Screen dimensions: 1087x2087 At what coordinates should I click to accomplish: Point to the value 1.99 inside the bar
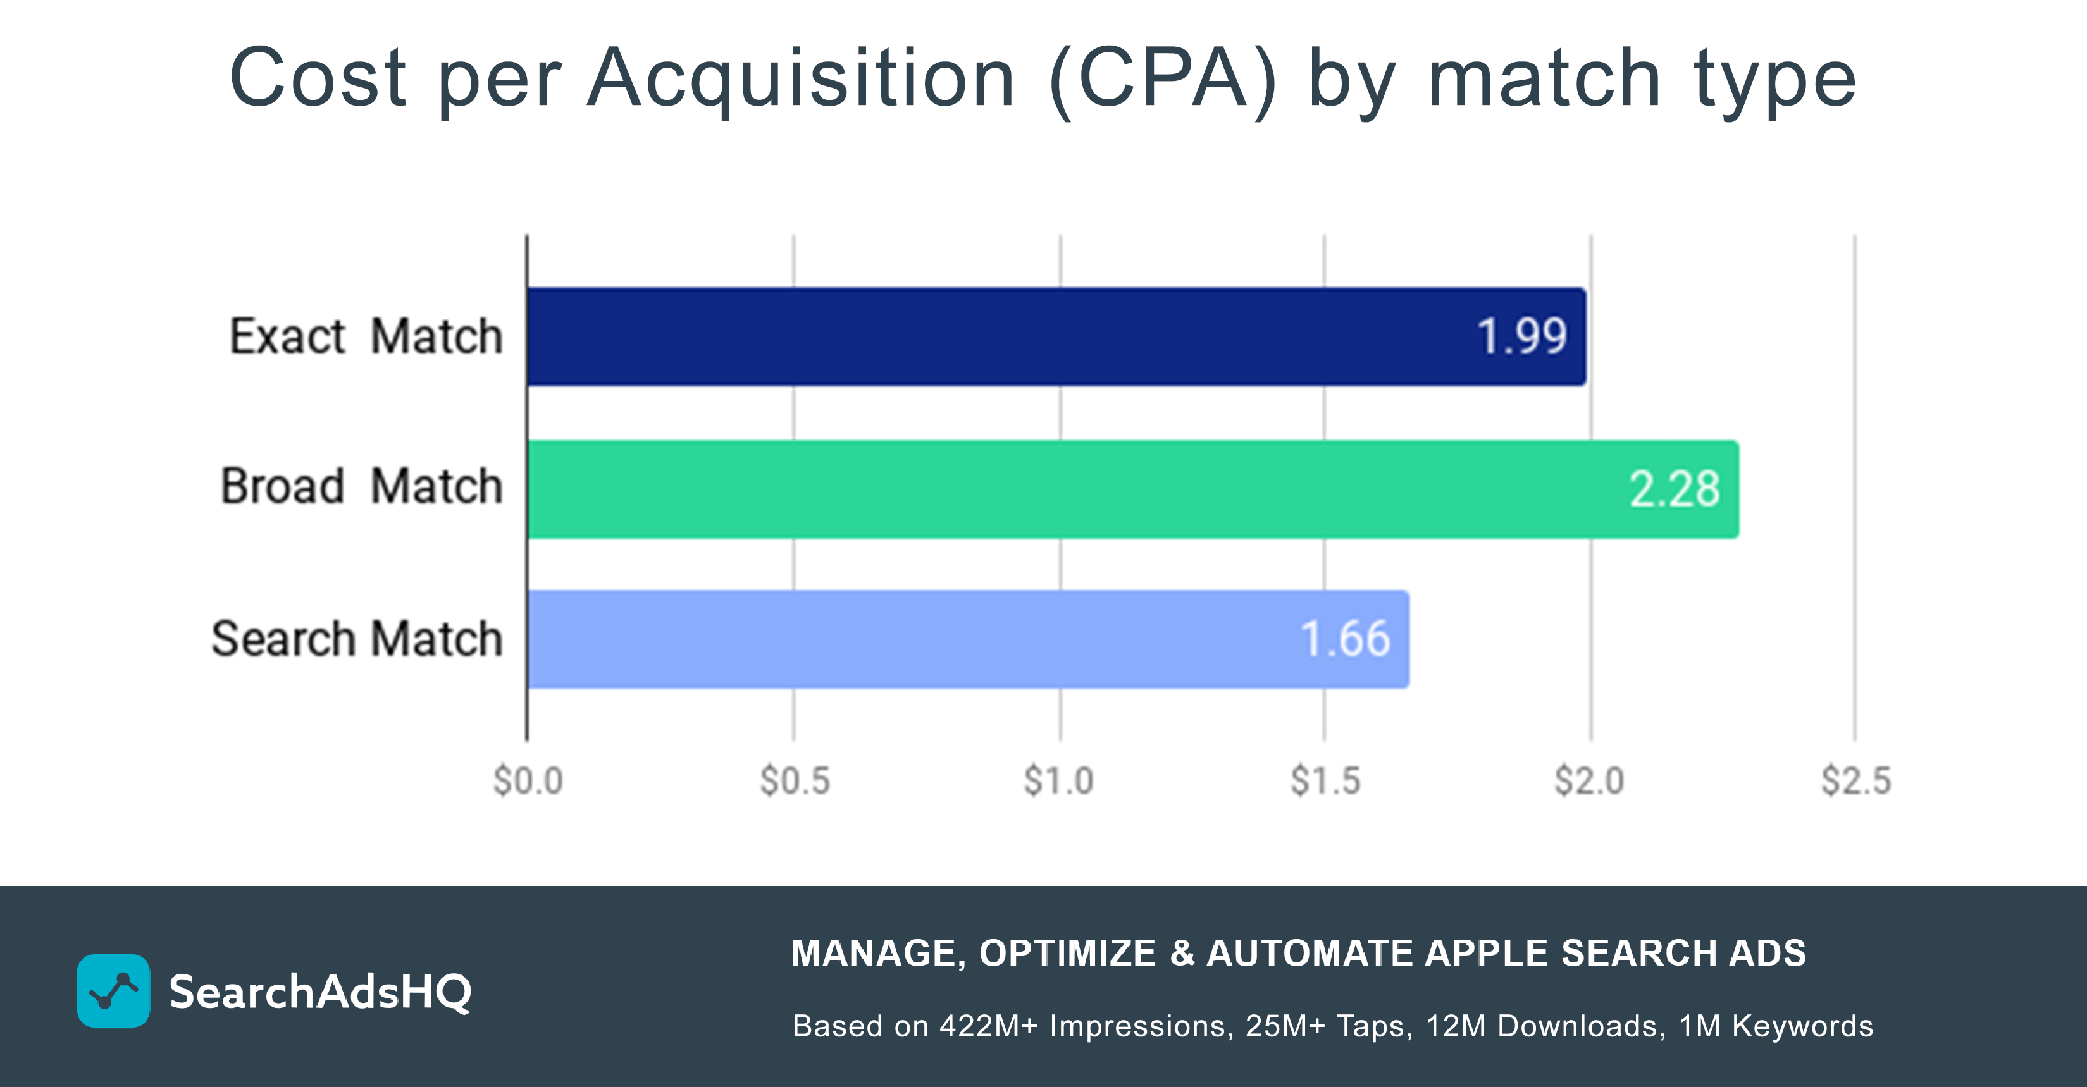click(x=1521, y=336)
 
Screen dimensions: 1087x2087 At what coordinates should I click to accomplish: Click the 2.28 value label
click(x=1674, y=489)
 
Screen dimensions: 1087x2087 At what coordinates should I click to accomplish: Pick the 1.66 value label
click(x=1345, y=639)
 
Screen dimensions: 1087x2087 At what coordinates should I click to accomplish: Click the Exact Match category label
click(x=366, y=336)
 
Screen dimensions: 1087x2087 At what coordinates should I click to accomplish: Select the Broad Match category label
click(x=361, y=486)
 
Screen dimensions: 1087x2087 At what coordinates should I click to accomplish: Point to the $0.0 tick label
click(x=528, y=781)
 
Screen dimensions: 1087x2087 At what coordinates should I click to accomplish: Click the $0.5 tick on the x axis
click(x=795, y=781)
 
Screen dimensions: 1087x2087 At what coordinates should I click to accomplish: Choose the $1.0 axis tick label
click(x=1059, y=781)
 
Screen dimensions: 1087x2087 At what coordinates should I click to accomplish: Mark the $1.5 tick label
click(x=1325, y=781)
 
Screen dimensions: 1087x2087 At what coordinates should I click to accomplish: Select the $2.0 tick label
click(x=1590, y=781)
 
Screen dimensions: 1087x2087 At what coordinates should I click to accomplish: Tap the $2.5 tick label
click(x=1856, y=781)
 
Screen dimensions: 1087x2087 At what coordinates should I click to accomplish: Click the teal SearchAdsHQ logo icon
click(x=113, y=991)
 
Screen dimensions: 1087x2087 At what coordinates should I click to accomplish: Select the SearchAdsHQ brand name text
click(x=320, y=992)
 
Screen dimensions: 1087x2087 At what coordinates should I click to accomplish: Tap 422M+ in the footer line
click(x=988, y=1026)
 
